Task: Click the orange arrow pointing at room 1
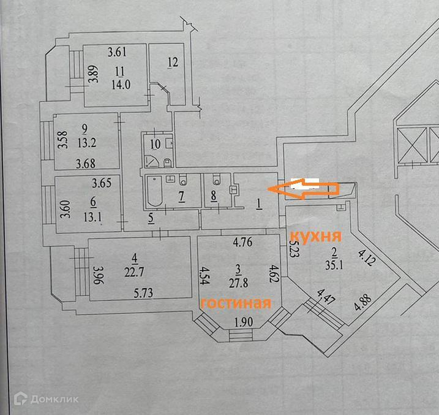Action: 303,189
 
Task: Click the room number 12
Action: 172,62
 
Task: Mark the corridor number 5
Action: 151,216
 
